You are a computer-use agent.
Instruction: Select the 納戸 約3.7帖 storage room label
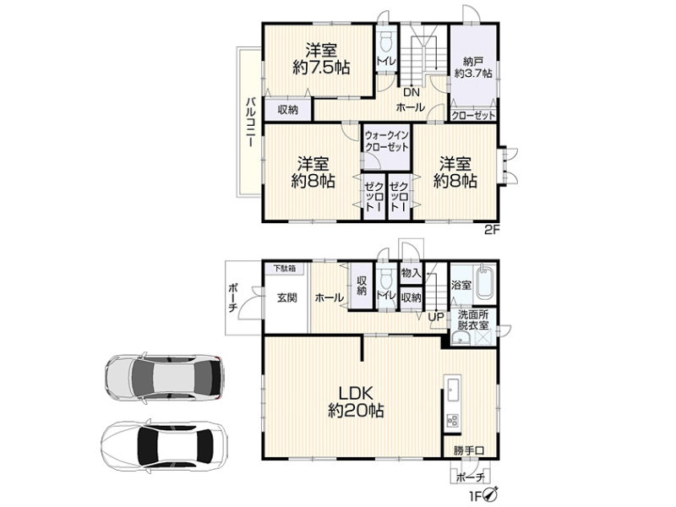(x=473, y=68)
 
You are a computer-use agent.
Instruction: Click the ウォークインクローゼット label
(x=387, y=141)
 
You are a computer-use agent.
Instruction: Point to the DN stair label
(x=412, y=92)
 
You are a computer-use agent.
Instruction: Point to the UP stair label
(x=436, y=317)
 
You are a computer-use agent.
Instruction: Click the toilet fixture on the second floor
(x=386, y=41)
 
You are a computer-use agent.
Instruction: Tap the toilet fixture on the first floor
(x=386, y=277)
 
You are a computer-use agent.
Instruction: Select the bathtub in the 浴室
(x=485, y=283)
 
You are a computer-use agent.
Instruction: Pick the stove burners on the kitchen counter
(x=453, y=420)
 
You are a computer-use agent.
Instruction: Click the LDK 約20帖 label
(x=356, y=402)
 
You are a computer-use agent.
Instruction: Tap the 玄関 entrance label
(x=286, y=297)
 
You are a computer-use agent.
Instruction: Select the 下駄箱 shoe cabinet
(x=285, y=269)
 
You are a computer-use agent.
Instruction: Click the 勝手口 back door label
(x=469, y=451)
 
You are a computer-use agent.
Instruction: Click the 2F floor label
(x=492, y=229)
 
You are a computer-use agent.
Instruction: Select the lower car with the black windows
(x=164, y=445)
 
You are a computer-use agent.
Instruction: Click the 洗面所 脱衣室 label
(x=473, y=320)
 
